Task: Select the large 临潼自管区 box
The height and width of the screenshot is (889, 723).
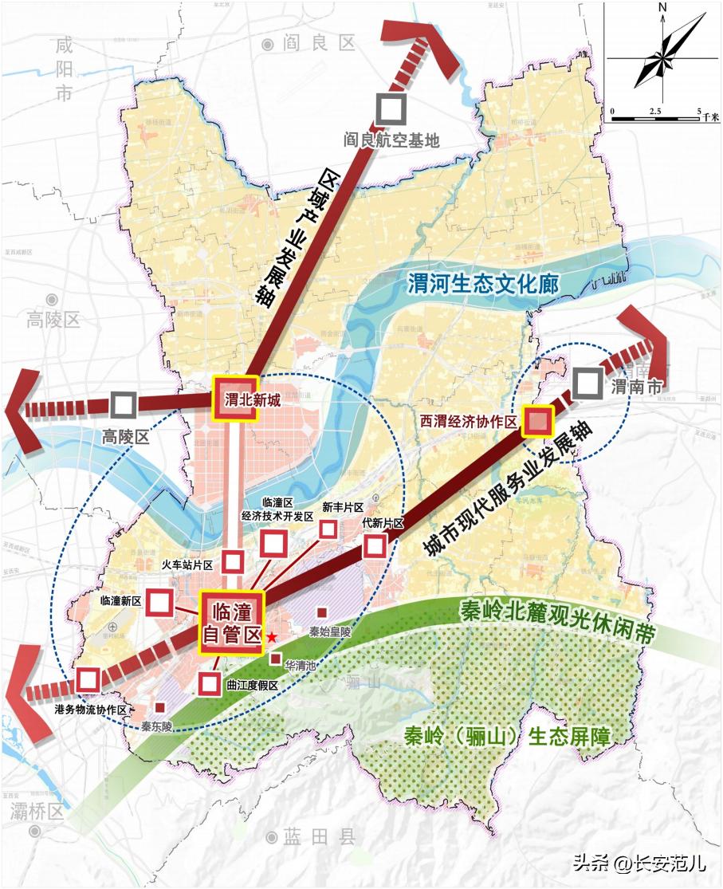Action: tap(231, 622)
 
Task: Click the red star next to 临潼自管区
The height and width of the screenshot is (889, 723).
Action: tap(272, 637)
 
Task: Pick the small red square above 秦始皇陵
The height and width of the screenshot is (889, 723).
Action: tap(321, 612)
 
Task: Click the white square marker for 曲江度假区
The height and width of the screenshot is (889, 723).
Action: tap(209, 683)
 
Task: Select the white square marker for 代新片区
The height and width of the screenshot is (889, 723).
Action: tap(375, 546)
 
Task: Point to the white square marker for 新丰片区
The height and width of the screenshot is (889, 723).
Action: tap(328, 528)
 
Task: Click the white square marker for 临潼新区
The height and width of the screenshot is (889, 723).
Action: tap(159, 602)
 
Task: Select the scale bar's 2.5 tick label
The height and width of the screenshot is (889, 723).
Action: tap(655, 109)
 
